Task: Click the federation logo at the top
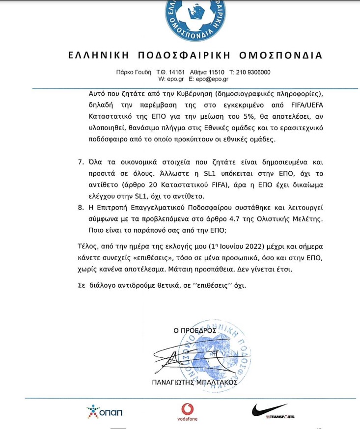coord(195,18)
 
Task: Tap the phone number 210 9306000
coord(254,72)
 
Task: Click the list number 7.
coord(81,162)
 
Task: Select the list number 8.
coord(81,207)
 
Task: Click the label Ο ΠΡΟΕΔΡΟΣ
coord(195,331)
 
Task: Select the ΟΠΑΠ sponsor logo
coord(104,411)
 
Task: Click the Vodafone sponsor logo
coord(187,412)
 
